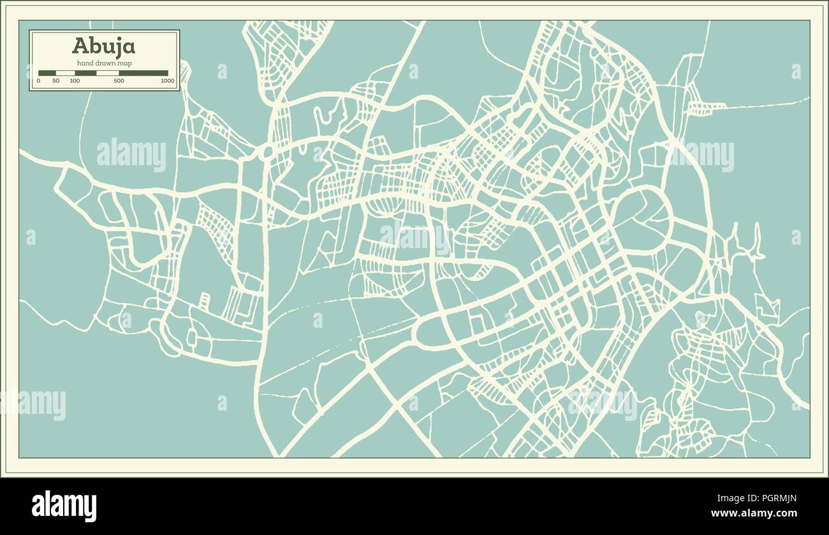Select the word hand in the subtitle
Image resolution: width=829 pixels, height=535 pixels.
85,62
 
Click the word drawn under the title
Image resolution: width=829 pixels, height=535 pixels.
106,62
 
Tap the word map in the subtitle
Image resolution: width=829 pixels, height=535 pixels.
125,62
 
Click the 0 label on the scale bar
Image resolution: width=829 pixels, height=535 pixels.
38,81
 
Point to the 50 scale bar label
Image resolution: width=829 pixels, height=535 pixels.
56,81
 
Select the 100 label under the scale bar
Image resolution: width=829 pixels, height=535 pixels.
75,81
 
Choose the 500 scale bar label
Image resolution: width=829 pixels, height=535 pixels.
119,81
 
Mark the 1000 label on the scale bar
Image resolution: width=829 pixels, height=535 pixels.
167,81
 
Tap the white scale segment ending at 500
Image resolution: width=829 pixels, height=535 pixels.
107,73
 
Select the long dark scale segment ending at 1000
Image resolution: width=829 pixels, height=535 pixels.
143,73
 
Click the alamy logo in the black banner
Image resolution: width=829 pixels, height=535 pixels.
64,506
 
